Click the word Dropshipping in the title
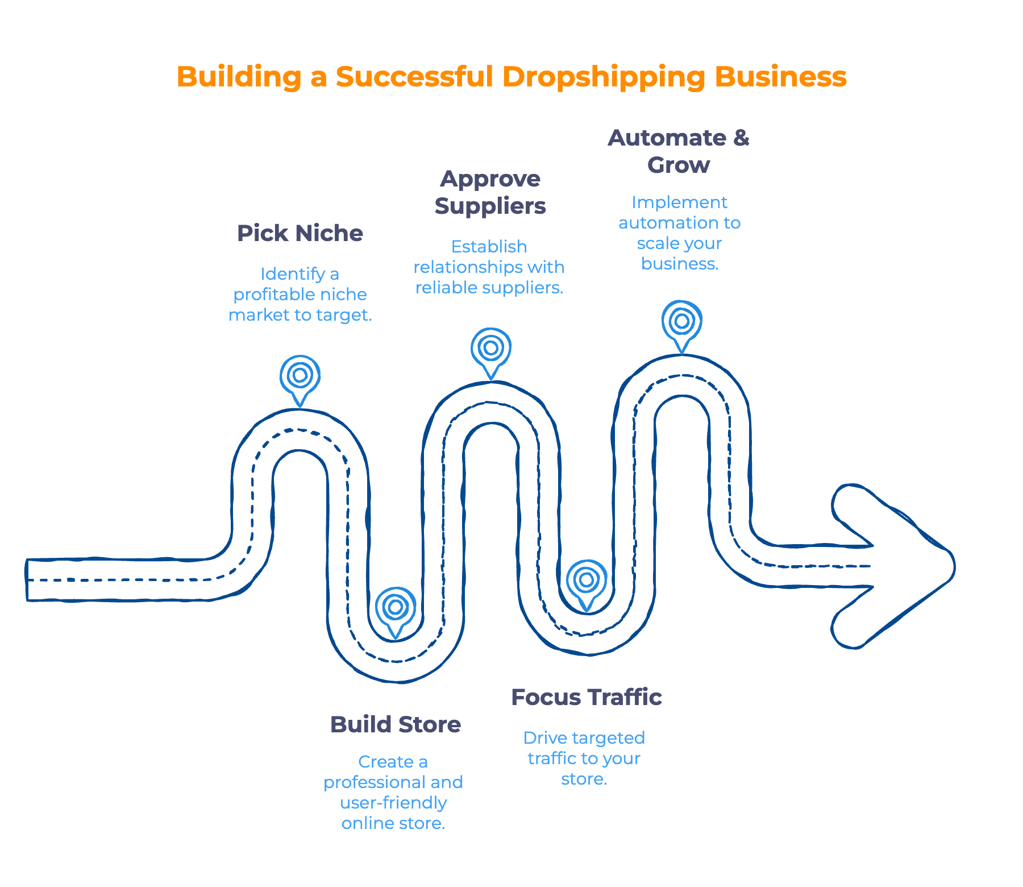pyautogui.click(x=603, y=77)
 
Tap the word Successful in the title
pyautogui.click(x=414, y=76)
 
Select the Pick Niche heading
pyautogui.click(x=300, y=233)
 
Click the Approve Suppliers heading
pyautogui.click(x=490, y=192)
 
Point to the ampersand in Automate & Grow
pyautogui.click(x=741, y=138)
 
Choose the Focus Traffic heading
pyautogui.click(x=586, y=697)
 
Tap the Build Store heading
pyautogui.click(x=396, y=724)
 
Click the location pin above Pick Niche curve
pyautogui.click(x=300, y=376)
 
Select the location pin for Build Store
pyautogui.click(x=396, y=608)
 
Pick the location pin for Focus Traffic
pyautogui.click(x=587, y=581)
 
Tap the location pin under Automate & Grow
pyautogui.click(x=681, y=321)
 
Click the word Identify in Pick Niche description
pyautogui.click(x=293, y=274)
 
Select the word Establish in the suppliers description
pyautogui.click(x=489, y=247)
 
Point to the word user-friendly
pyautogui.click(x=393, y=803)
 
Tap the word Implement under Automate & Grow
pyautogui.click(x=679, y=202)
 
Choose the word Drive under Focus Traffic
pyautogui.click(x=544, y=738)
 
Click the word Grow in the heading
pyautogui.click(x=679, y=165)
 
